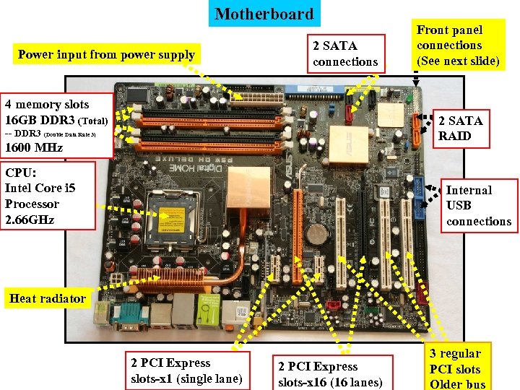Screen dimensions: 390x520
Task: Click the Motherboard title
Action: click(264, 14)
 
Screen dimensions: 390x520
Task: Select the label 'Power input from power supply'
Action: click(106, 54)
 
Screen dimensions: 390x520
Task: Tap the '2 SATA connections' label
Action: click(345, 53)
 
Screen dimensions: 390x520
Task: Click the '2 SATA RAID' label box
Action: click(460, 128)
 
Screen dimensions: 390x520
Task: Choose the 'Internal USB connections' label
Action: click(478, 205)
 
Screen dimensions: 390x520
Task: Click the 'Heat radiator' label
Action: click(48, 298)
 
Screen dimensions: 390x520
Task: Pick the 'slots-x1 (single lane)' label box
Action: click(186, 371)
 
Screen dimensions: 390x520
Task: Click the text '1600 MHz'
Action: click(34, 148)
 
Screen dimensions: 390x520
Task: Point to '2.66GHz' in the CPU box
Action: click(30, 220)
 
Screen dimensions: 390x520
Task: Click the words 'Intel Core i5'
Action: click(40, 188)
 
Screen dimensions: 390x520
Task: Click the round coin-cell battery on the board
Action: click(315, 232)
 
